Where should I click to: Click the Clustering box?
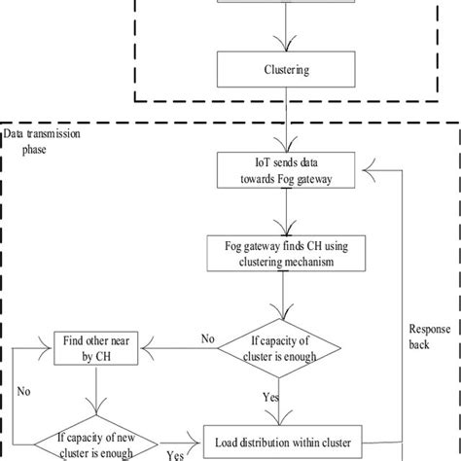(x=284, y=70)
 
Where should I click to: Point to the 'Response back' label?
(x=427, y=337)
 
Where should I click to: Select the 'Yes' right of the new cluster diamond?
(x=176, y=453)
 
